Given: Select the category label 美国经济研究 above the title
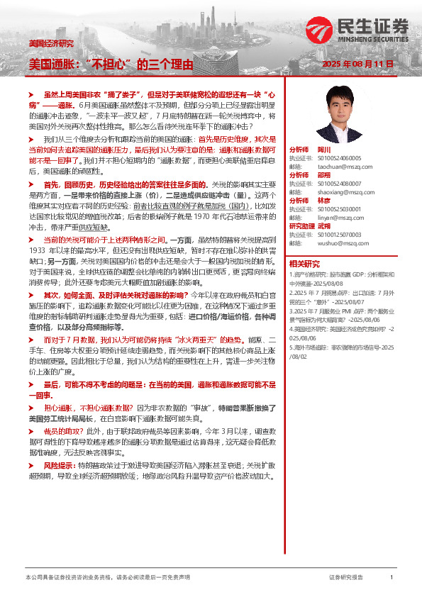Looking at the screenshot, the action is pos(50,43).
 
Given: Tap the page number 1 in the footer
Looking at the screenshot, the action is pos(391,578).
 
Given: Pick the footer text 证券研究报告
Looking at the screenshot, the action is pos(347,578).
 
